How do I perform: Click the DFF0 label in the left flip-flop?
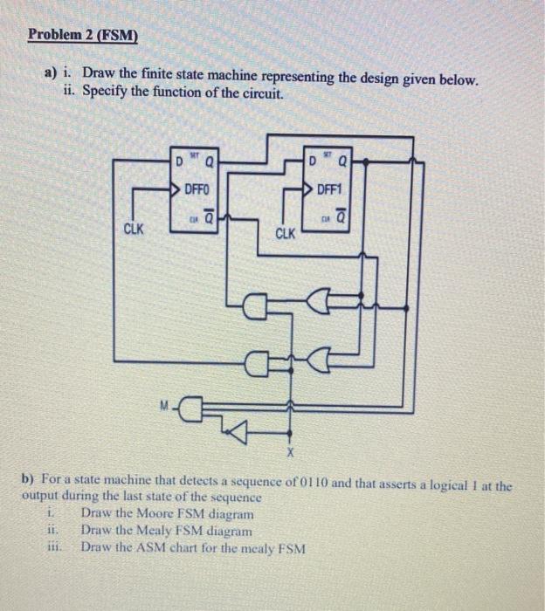pos(196,189)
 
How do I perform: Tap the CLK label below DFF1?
pos(286,234)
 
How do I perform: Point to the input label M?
pos(162,404)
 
